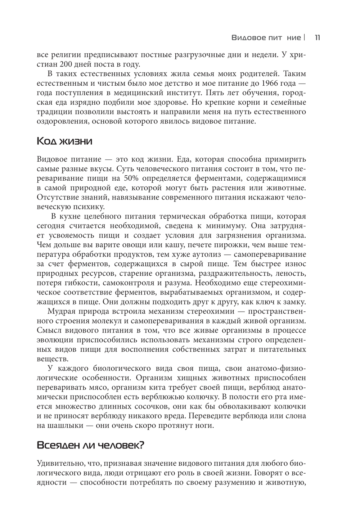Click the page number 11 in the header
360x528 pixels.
point(318,37)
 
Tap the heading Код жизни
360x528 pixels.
point(64,141)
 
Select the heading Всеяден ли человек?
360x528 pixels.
point(90,445)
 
